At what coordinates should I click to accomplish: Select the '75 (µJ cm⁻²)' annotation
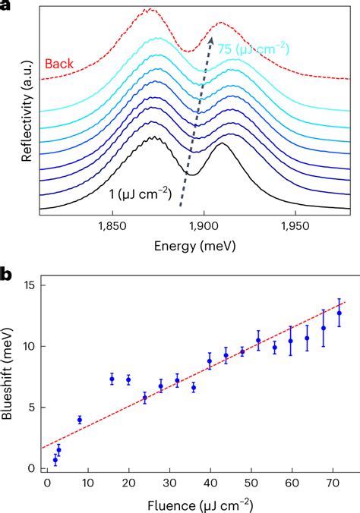(254, 49)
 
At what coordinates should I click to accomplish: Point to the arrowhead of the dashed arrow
(213, 34)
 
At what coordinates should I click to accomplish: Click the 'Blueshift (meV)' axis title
(11, 375)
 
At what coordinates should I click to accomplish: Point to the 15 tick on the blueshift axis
(28, 285)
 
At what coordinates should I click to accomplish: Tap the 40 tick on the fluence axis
(210, 483)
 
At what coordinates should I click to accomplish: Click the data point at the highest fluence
(339, 313)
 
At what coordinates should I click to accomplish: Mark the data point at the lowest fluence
(55, 460)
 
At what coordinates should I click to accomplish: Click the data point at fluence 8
(80, 420)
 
